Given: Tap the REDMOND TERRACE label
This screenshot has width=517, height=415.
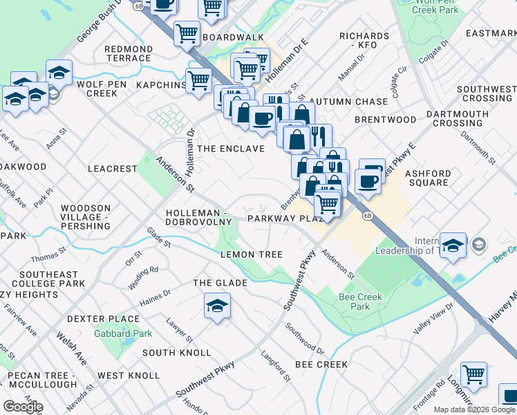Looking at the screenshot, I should [128, 53].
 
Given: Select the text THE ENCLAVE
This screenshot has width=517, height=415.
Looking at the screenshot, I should [231, 149].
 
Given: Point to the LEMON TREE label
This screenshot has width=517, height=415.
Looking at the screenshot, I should [251, 255].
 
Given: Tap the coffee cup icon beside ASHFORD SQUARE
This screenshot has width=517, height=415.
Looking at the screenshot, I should [368, 181].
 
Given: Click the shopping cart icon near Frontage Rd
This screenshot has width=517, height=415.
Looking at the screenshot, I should [473, 375].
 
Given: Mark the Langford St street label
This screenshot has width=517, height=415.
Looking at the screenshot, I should [275, 367].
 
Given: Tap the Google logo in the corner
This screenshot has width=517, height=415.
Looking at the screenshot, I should [23, 407].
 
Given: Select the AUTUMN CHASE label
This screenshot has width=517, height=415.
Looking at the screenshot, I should [352, 102].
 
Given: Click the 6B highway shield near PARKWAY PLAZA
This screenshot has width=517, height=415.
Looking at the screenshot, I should [368, 216].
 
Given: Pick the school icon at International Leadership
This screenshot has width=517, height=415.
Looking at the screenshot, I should [453, 246].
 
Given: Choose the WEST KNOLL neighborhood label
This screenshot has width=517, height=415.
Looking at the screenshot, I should [129, 376].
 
